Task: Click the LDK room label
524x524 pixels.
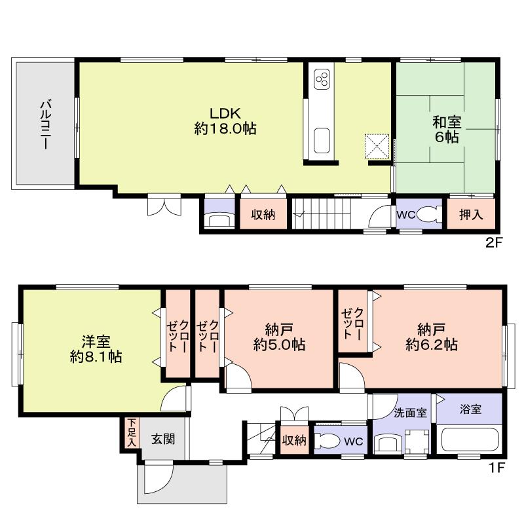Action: pos(225,120)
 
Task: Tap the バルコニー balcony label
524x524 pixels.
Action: pos(45,124)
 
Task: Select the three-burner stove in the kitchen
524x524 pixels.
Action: pos(322,80)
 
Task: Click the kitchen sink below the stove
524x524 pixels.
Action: pos(322,140)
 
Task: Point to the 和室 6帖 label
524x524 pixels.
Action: pos(445,128)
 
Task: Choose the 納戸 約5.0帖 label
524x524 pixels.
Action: pos(279,336)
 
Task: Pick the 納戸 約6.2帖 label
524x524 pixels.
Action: pos(431,336)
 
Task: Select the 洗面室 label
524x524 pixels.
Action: pos(410,413)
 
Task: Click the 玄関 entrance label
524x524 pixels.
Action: pos(164,440)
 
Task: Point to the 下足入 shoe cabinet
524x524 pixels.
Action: pos(132,432)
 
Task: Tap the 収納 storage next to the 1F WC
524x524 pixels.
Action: pos(294,441)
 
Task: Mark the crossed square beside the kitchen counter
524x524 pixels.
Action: pos(377,145)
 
